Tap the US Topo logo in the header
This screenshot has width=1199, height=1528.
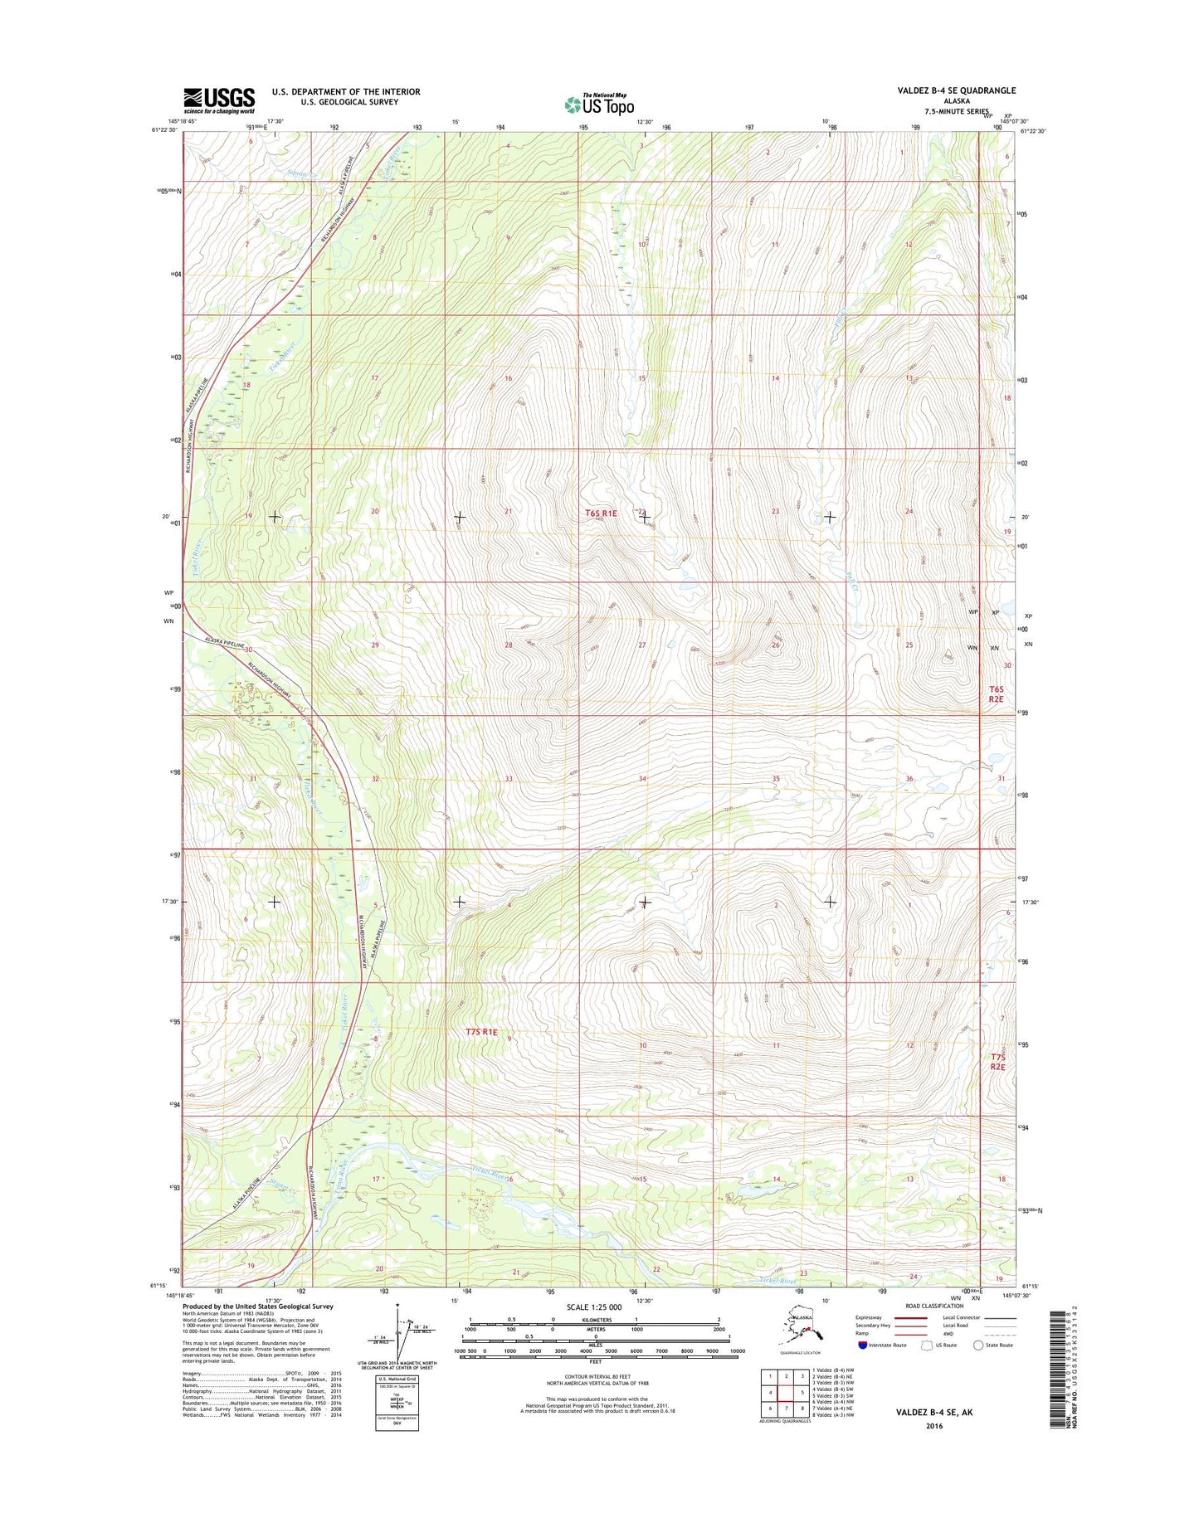point(599,105)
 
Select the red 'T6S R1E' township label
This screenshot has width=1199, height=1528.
point(601,513)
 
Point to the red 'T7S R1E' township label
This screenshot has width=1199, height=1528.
point(481,1032)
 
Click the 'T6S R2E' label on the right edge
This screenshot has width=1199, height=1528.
point(997,693)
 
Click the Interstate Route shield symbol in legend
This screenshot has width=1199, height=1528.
point(862,1345)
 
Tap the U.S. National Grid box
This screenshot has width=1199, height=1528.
point(397,1402)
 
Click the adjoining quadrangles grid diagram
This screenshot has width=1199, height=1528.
point(785,1393)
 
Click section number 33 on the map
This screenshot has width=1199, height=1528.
point(509,778)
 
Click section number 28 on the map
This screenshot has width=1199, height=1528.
point(509,645)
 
